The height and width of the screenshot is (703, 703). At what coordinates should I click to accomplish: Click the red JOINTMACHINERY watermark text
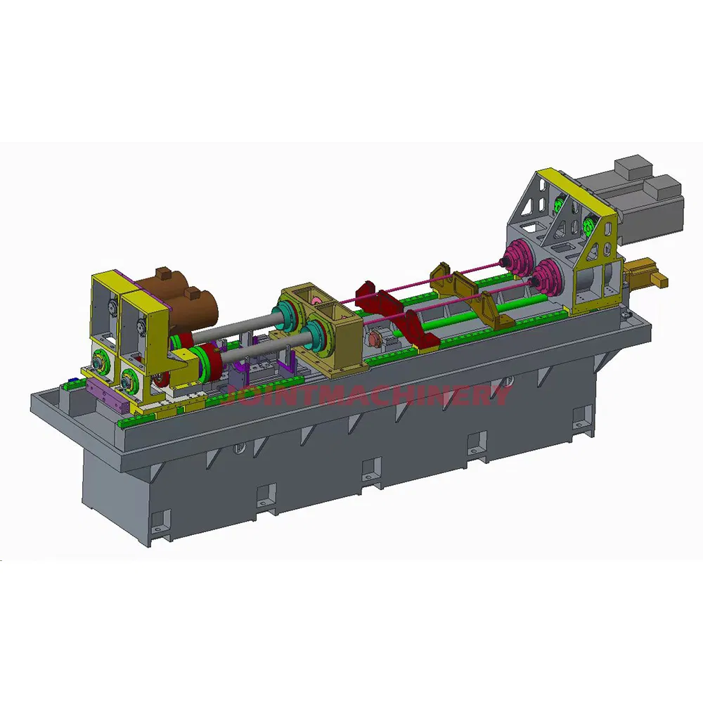click(366, 394)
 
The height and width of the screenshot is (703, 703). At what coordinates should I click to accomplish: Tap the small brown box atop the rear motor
click(164, 273)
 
